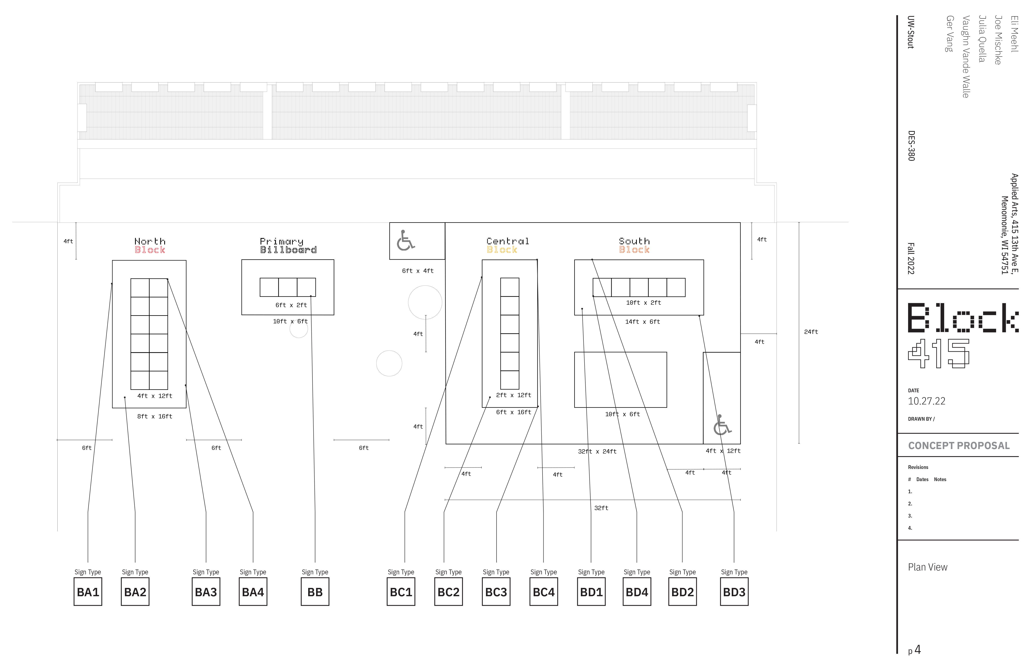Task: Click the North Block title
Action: pos(150,246)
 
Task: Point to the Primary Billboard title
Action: pos(288,246)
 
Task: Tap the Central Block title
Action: pos(507,246)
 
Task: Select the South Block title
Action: pos(634,246)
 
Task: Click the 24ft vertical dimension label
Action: pos(811,332)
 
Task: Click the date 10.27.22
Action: pos(927,401)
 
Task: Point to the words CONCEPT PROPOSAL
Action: pos(959,446)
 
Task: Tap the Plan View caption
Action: pos(928,567)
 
